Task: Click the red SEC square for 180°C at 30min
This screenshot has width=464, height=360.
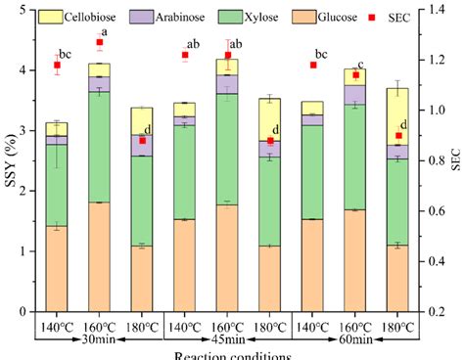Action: [x=143, y=140]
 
